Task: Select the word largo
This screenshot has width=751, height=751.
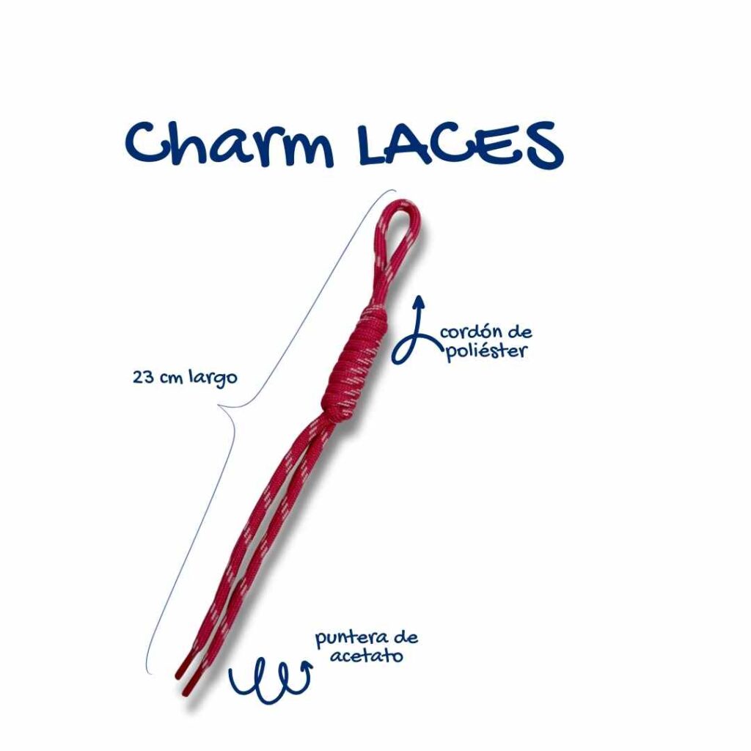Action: [213, 378]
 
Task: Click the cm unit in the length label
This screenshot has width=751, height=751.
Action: [171, 378]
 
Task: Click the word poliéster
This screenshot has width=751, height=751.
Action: [486, 351]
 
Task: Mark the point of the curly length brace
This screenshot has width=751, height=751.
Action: [219, 406]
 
